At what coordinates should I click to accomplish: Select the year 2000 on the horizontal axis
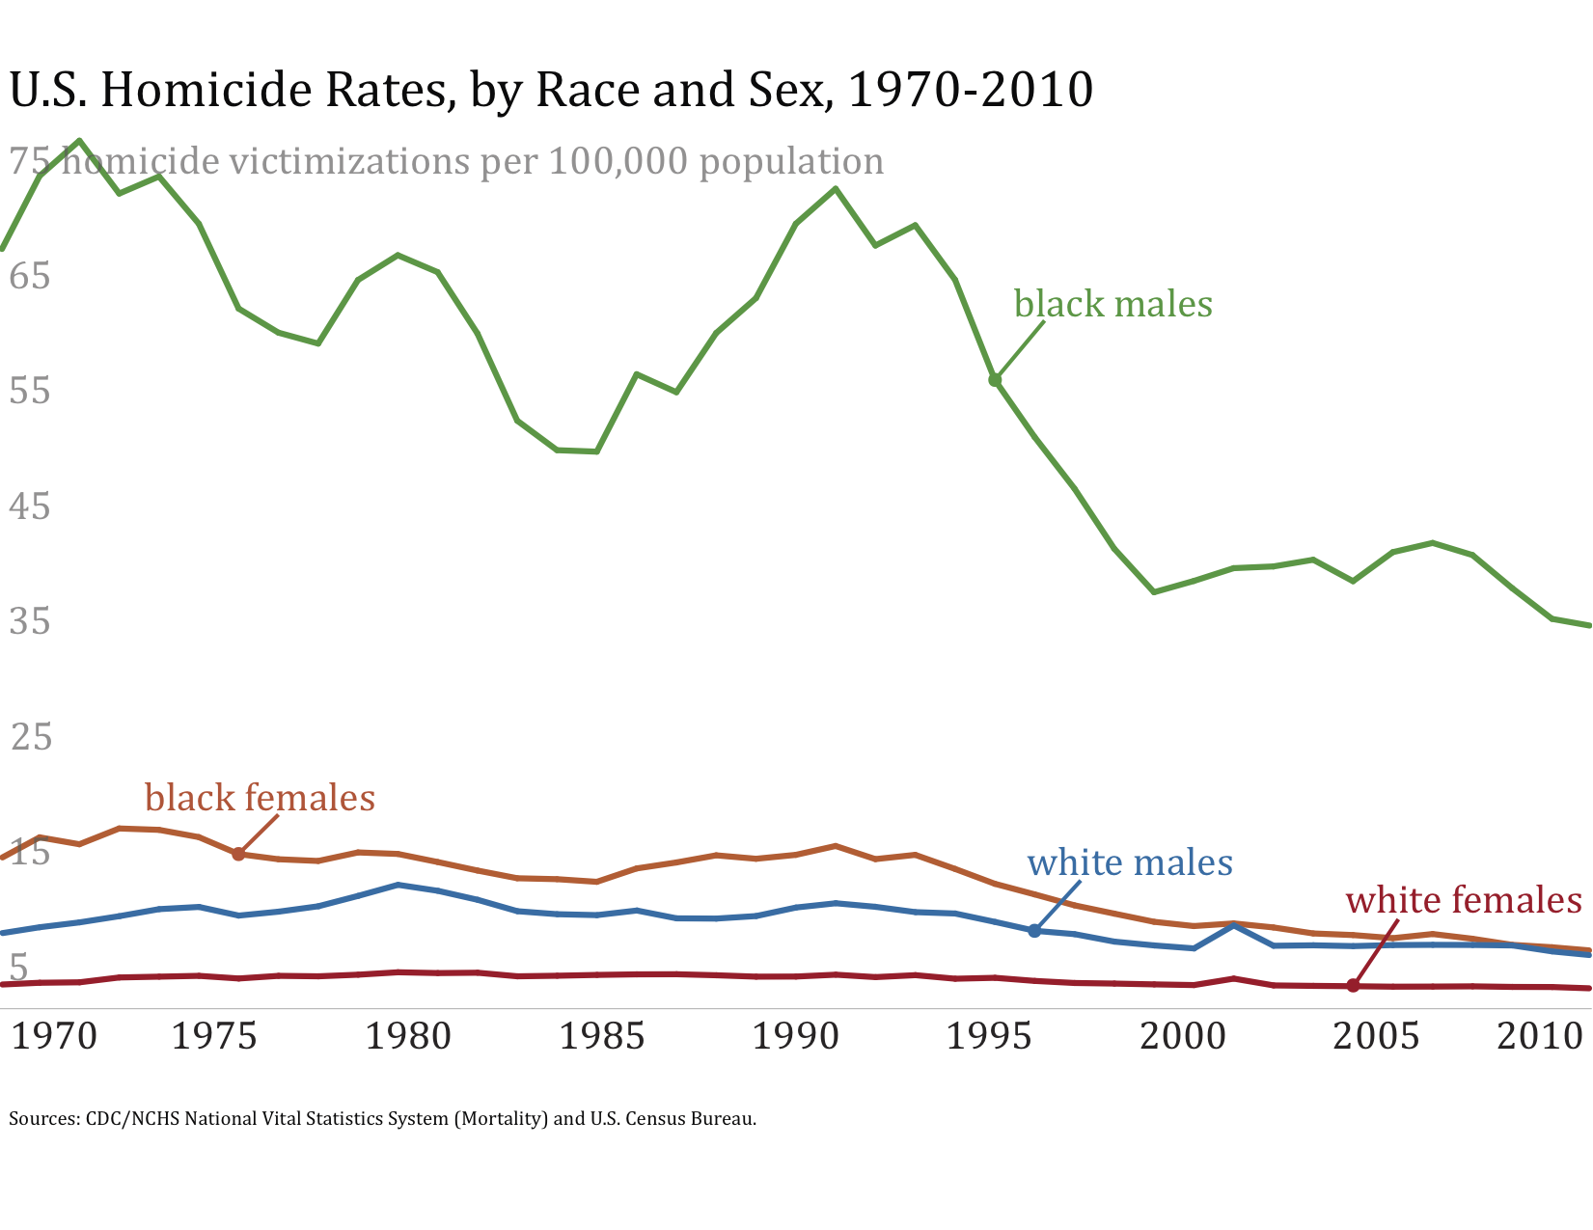click(1182, 1036)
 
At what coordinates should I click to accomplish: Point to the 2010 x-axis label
click(1539, 1036)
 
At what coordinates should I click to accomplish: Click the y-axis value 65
click(29, 277)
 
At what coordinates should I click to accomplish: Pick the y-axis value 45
click(29, 506)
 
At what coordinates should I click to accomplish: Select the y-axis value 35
click(29, 621)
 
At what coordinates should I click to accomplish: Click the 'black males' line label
click(1112, 304)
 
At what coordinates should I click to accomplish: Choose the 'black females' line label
click(260, 798)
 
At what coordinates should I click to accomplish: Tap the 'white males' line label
click(1130, 861)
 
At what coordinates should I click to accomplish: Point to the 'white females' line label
click(1464, 900)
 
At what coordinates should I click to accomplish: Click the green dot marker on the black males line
click(995, 380)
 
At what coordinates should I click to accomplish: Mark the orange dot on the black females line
click(238, 854)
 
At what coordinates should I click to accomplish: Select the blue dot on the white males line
click(1034, 931)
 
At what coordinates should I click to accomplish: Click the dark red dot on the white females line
click(1353, 985)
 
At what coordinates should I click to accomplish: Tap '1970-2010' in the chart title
click(970, 90)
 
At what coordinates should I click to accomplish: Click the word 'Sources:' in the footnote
click(43, 1119)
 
